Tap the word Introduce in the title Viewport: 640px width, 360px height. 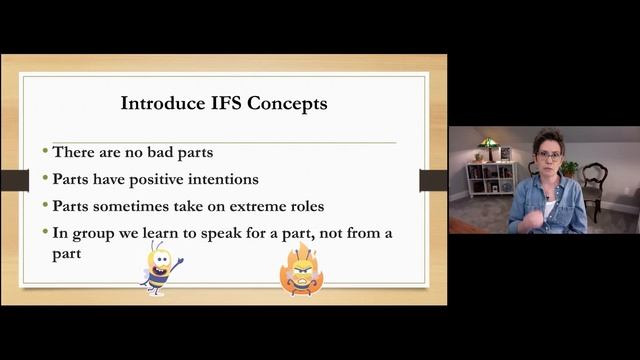[x=160, y=102]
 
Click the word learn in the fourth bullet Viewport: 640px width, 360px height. [x=166, y=233]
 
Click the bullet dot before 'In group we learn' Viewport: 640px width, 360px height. [x=46, y=232]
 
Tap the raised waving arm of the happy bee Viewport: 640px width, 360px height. [x=177, y=261]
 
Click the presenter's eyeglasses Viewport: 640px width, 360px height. [x=549, y=157]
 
